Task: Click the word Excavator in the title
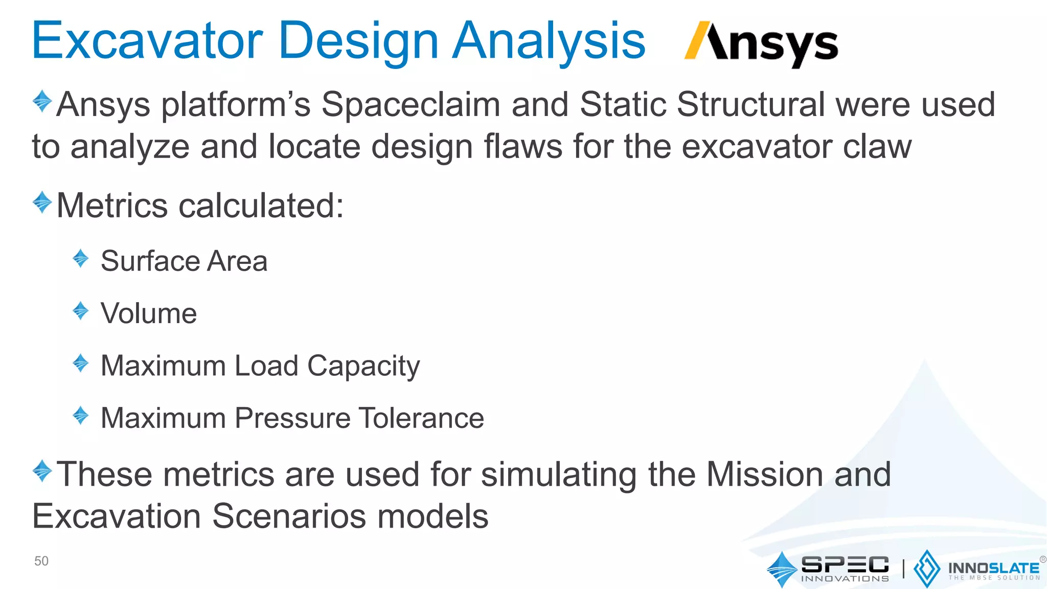click(x=147, y=41)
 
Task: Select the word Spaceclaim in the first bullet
click(x=411, y=105)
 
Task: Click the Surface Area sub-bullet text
click(x=184, y=261)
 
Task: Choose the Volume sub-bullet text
click(x=149, y=313)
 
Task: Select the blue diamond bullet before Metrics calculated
click(x=42, y=202)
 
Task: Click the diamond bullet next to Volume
click(x=81, y=310)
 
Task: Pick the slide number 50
click(x=41, y=561)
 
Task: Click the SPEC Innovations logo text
click(x=845, y=568)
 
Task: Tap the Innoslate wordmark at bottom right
click(x=993, y=568)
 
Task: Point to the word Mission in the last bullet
click(x=764, y=474)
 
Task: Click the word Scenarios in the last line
click(x=289, y=516)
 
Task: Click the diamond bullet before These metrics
click(x=42, y=470)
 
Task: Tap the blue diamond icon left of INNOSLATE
click(x=926, y=569)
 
